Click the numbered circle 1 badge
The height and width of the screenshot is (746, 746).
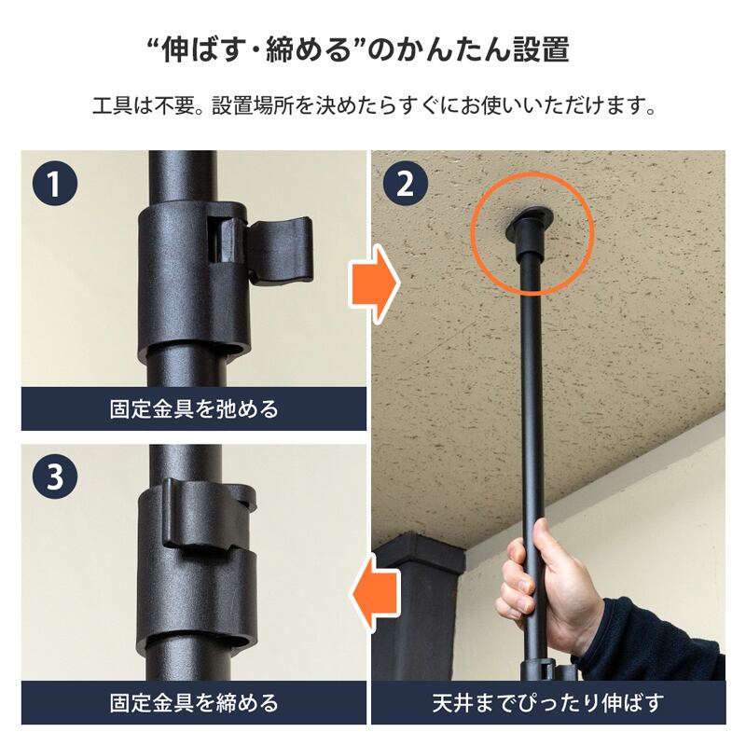[x=55, y=183]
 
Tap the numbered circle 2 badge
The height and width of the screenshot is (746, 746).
[x=405, y=183]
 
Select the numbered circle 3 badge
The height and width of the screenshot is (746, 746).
[x=55, y=477]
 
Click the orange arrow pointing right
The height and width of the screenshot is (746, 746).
[x=374, y=284]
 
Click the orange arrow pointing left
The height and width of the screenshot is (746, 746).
[x=374, y=595]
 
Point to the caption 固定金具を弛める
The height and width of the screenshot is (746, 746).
[x=194, y=409]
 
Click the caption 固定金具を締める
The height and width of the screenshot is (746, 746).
[x=194, y=703]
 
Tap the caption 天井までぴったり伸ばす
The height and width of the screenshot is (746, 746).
[x=547, y=703]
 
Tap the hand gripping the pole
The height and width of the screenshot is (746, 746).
[x=547, y=586]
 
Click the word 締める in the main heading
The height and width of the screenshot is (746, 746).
[x=308, y=49]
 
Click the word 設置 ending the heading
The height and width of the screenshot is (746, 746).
[x=541, y=49]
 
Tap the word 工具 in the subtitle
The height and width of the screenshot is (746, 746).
[x=112, y=105]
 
